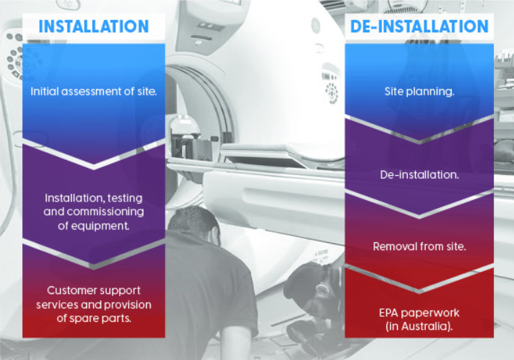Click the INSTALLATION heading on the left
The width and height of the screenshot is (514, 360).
click(x=94, y=27)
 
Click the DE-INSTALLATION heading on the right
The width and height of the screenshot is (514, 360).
click(x=419, y=27)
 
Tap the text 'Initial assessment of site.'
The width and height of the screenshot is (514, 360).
click(x=94, y=92)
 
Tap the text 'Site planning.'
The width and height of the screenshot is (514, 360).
click(x=419, y=92)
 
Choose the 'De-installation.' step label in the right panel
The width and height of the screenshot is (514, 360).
click(x=419, y=175)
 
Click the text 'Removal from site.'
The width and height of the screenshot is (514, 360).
click(x=419, y=247)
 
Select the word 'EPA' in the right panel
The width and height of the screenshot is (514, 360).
click(x=389, y=313)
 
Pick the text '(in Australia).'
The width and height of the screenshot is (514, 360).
click(x=419, y=326)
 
